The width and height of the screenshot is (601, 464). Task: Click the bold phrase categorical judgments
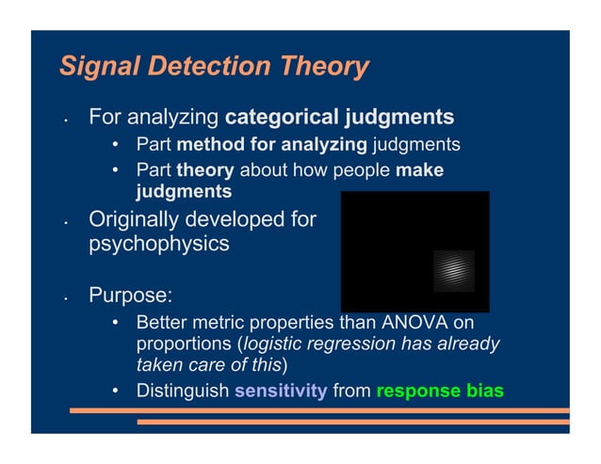point(339,119)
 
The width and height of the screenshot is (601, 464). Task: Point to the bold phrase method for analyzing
point(271,145)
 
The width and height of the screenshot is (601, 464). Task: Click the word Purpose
point(130,295)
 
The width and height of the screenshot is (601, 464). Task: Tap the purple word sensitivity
point(281,389)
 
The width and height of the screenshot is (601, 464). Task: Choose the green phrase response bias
point(440,389)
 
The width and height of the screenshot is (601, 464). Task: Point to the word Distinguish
point(183,389)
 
